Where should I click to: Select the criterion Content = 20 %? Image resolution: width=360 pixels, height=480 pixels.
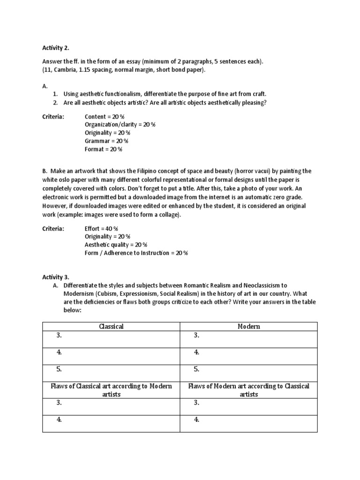point(105,116)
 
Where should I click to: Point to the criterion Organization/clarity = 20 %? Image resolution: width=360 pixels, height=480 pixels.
point(120,125)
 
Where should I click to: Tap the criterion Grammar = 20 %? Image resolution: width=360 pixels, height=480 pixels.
point(106,141)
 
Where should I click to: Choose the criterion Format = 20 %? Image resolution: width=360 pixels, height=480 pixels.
point(103,149)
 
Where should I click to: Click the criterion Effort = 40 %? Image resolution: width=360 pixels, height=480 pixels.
point(101,228)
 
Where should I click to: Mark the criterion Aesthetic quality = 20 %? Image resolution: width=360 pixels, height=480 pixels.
point(116,245)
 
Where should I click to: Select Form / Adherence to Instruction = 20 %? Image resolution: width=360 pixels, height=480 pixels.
point(136,253)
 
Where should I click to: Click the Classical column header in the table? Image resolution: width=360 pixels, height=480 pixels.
point(112,326)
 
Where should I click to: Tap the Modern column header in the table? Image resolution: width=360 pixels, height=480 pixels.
point(248,326)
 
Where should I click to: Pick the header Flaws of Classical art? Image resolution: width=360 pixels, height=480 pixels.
point(112,390)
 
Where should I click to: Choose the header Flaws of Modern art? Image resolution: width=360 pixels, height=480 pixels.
point(248,390)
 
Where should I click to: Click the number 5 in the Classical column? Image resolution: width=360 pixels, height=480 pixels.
point(59,369)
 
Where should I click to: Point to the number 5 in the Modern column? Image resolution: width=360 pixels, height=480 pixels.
point(196,369)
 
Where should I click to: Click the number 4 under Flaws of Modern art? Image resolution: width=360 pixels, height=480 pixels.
point(196,420)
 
